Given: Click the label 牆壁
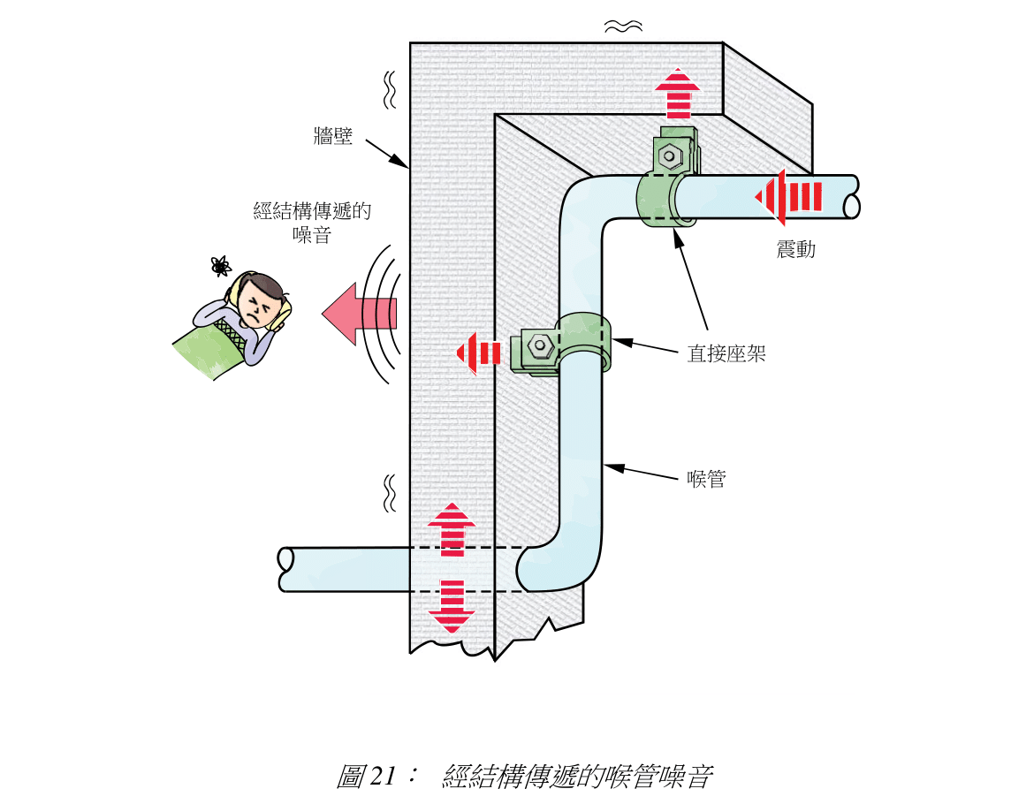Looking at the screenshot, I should (333, 136).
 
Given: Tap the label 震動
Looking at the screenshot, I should (795, 250).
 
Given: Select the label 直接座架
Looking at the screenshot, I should (726, 354).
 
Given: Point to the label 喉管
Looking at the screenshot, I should (707, 480).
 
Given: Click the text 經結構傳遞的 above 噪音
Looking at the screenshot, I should (311, 211).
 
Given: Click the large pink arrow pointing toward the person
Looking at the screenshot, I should (358, 312).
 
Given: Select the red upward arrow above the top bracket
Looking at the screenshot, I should (678, 94).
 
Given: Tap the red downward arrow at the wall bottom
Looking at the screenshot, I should (452, 606).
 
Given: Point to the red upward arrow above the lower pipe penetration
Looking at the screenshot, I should (452, 527).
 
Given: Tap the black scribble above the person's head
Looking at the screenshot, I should (220, 265).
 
